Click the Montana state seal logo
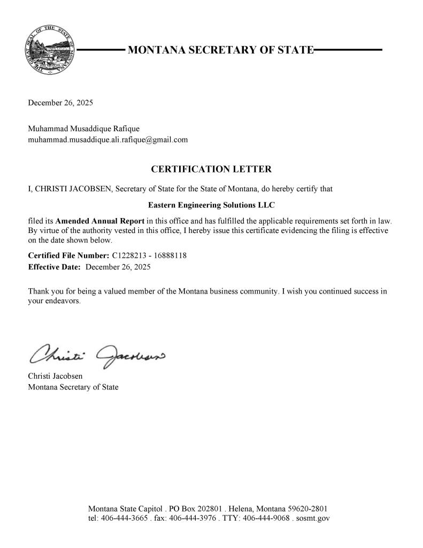pyautogui.click(x=50, y=50)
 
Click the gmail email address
pyautogui.click(x=107, y=140)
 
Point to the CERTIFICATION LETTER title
pyautogui.click(x=211, y=169)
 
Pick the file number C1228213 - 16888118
pyautogui.click(x=149, y=256)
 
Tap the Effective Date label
pyautogui.click(x=54, y=266)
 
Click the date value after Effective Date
pyautogui.click(x=118, y=266)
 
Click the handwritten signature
pyautogui.click(x=96, y=353)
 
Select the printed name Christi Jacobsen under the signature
pyautogui.click(x=55, y=377)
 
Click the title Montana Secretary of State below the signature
pyautogui.click(x=73, y=387)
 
